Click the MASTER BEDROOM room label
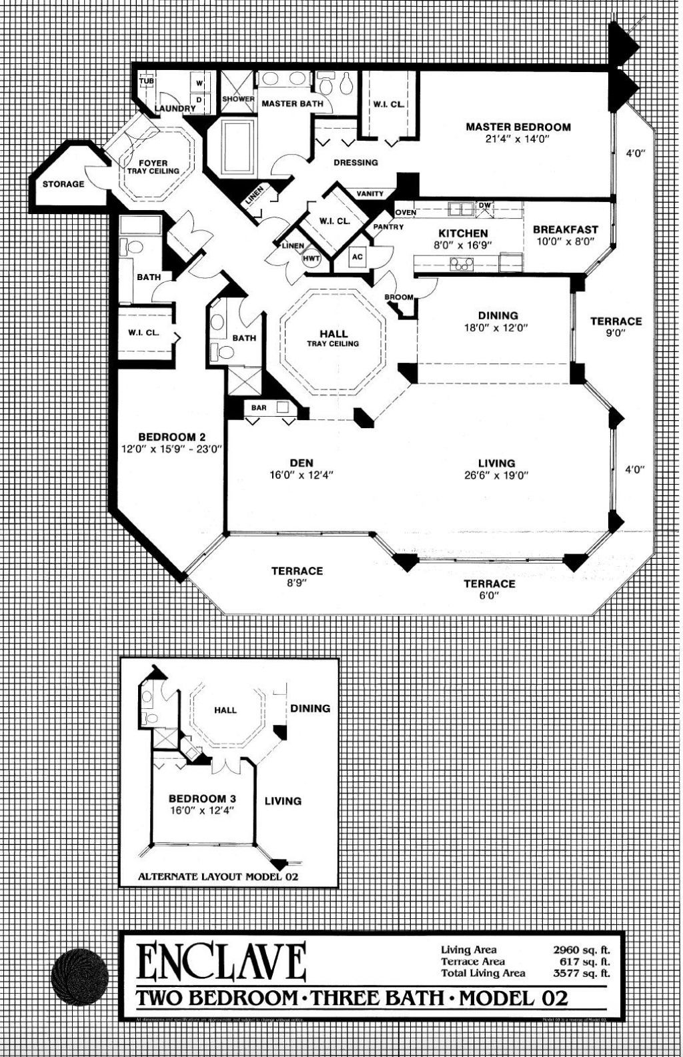click(x=518, y=127)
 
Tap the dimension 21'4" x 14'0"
click(x=518, y=140)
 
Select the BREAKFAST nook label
click(x=565, y=230)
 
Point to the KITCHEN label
click(x=463, y=233)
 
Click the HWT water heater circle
click(x=311, y=258)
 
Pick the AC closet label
click(x=357, y=257)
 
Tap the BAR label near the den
click(x=259, y=407)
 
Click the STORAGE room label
click(x=63, y=184)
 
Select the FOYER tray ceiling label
click(x=153, y=167)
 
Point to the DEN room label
click(x=301, y=463)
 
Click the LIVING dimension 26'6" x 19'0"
click(x=496, y=475)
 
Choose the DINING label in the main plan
click(x=498, y=315)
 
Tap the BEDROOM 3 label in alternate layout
click(x=202, y=798)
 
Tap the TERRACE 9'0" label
click(x=616, y=326)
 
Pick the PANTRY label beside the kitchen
click(x=388, y=227)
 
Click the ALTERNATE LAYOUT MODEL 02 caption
click(x=217, y=876)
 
